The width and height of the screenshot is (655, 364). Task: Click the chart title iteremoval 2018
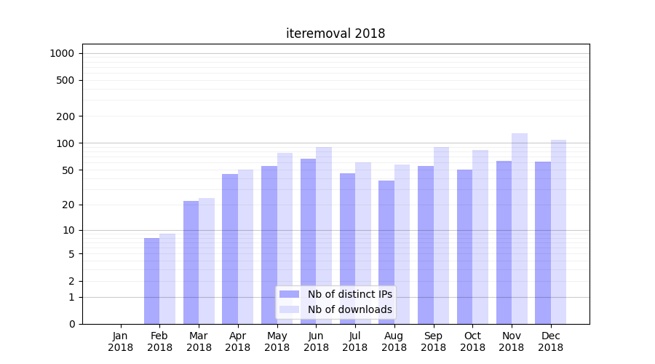[x=335, y=33]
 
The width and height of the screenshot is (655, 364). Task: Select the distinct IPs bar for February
[x=151, y=281]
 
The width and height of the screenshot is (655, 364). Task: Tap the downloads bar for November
[x=520, y=229]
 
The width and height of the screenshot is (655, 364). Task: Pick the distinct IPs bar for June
[x=309, y=241]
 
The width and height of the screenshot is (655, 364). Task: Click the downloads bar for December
[x=558, y=232]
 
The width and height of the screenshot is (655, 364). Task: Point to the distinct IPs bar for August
[x=386, y=252]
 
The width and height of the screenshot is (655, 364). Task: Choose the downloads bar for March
[x=207, y=261]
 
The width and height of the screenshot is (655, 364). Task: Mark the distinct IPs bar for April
[x=230, y=249]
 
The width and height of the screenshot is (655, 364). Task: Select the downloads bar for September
[x=441, y=235]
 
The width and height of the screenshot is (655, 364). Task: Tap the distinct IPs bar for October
[x=464, y=247]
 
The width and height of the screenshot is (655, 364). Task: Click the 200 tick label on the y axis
[x=66, y=116]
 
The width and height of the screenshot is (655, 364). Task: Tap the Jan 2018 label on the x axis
[x=121, y=341]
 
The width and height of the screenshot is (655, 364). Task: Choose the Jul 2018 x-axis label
[x=355, y=341]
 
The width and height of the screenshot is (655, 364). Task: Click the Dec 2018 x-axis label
[x=551, y=341]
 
